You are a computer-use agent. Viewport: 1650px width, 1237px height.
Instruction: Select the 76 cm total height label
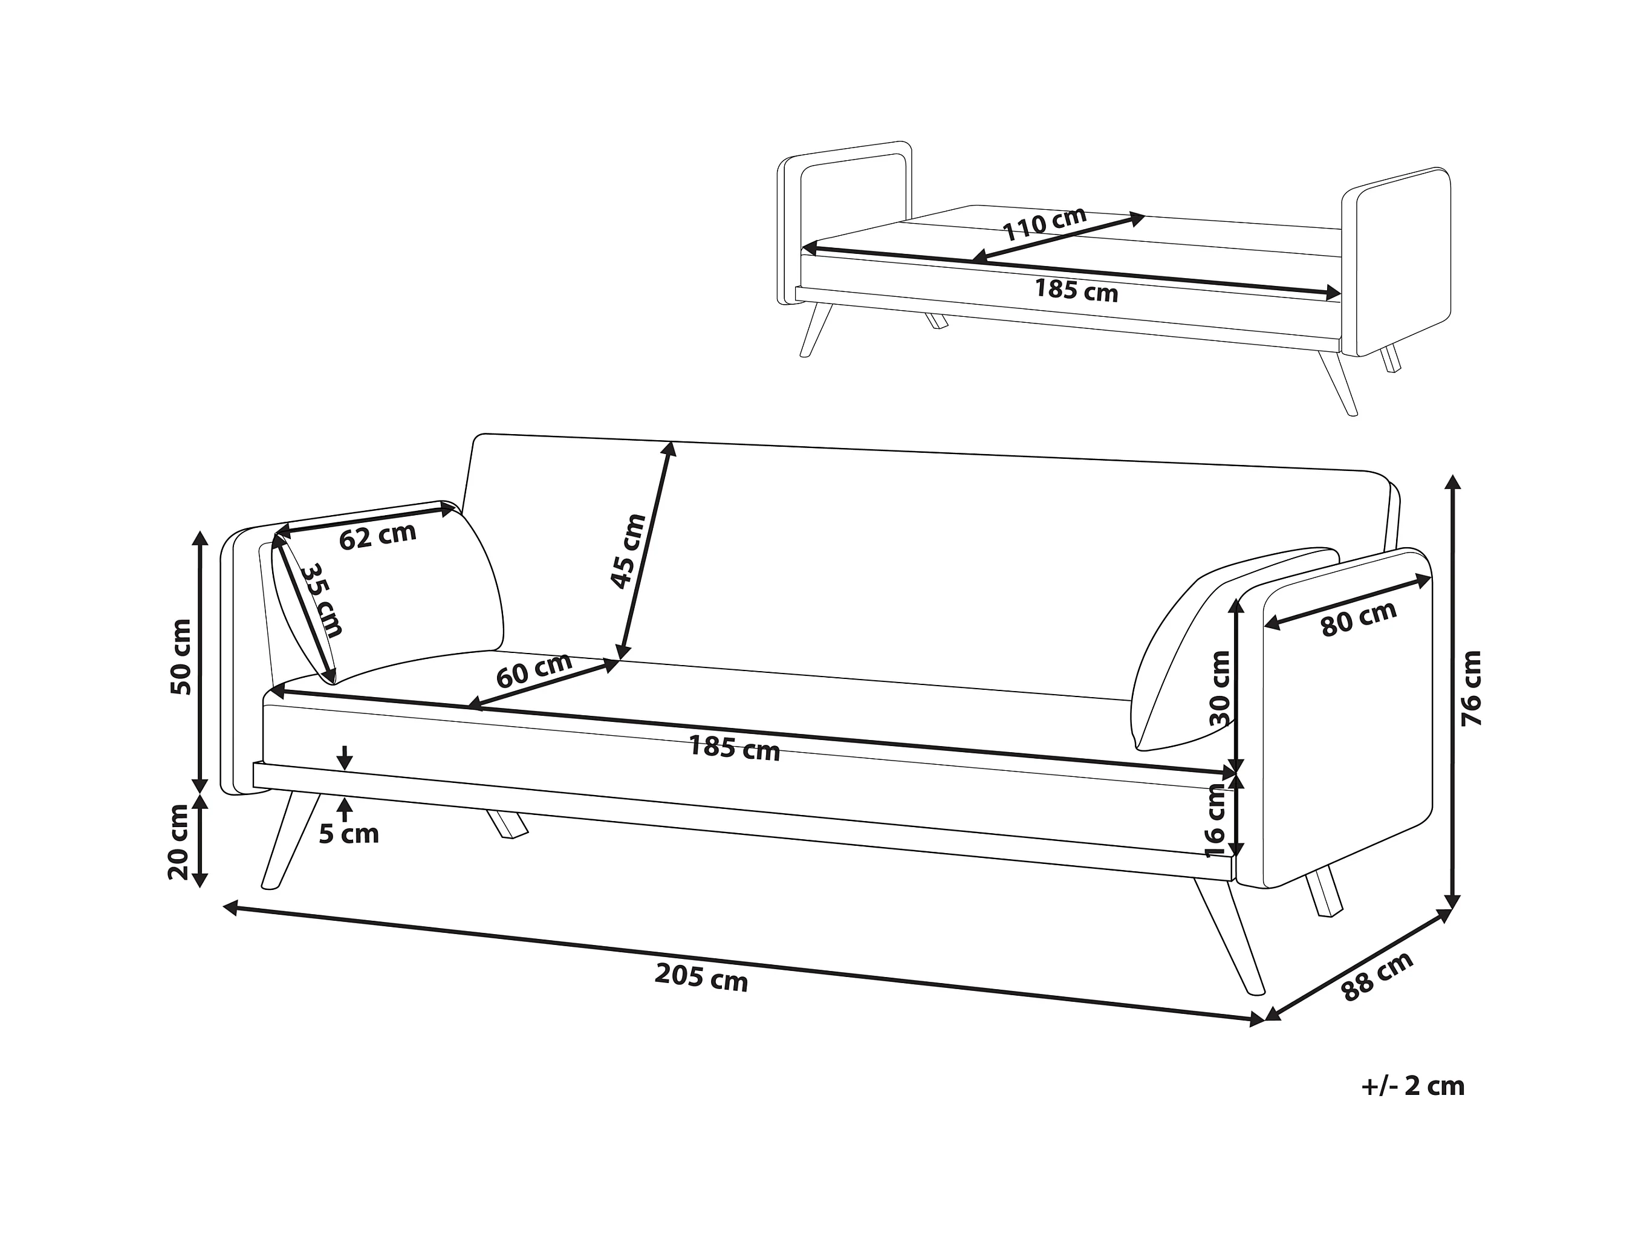click(1471, 688)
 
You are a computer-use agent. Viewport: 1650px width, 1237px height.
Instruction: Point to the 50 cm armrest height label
click(181, 657)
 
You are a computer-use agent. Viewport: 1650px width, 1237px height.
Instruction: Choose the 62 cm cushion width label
click(377, 536)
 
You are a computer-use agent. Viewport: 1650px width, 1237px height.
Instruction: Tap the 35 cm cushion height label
click(322, 600)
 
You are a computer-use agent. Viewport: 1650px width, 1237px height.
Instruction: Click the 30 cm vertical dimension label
click(1220, 688)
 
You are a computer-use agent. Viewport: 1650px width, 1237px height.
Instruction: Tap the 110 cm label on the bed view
click(1044, 223)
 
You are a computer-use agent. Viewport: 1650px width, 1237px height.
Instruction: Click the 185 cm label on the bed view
click(1076, 290)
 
